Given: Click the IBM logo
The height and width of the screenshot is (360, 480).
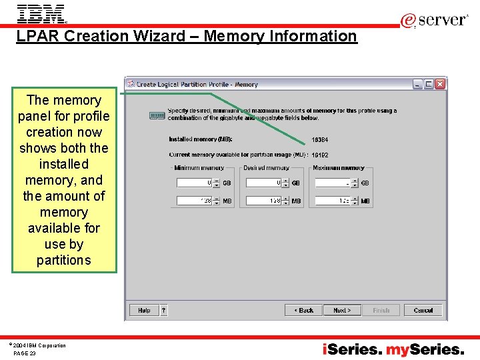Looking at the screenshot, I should (x=41, y=13).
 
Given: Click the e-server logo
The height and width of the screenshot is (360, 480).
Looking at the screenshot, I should (x=434, y=20).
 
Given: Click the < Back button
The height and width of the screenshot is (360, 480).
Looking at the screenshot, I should (x=303, y=310).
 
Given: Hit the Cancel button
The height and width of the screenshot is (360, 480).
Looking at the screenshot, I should (x=423, y=310).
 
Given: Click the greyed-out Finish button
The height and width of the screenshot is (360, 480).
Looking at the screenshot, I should (x=381, y=310).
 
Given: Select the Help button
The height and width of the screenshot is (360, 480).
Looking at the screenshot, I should (x=144, y=310).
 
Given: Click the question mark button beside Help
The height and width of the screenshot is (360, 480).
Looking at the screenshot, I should (x=163, y=310).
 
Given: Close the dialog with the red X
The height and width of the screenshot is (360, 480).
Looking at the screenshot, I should (x=440, y=84).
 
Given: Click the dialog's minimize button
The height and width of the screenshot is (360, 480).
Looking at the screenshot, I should (x=418, y=84).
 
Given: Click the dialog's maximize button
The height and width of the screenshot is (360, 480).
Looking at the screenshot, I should (x=429, y=84).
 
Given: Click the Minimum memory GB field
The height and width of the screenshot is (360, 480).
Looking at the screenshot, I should (x=195, y=183).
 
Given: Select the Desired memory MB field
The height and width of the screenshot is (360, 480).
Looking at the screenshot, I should (x=264, y=201).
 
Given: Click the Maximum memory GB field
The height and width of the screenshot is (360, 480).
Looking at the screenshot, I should (x=333, y=183).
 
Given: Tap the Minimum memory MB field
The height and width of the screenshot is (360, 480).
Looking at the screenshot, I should (x=195, y=201).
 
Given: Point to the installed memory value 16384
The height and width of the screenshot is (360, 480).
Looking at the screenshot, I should (x=320, y=140).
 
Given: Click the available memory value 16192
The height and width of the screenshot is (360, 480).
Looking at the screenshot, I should (x=320, y=155).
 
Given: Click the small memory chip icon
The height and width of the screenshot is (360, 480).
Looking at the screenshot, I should (x=157, y=115).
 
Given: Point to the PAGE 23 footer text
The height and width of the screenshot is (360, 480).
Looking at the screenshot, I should (x=25, y=353).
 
